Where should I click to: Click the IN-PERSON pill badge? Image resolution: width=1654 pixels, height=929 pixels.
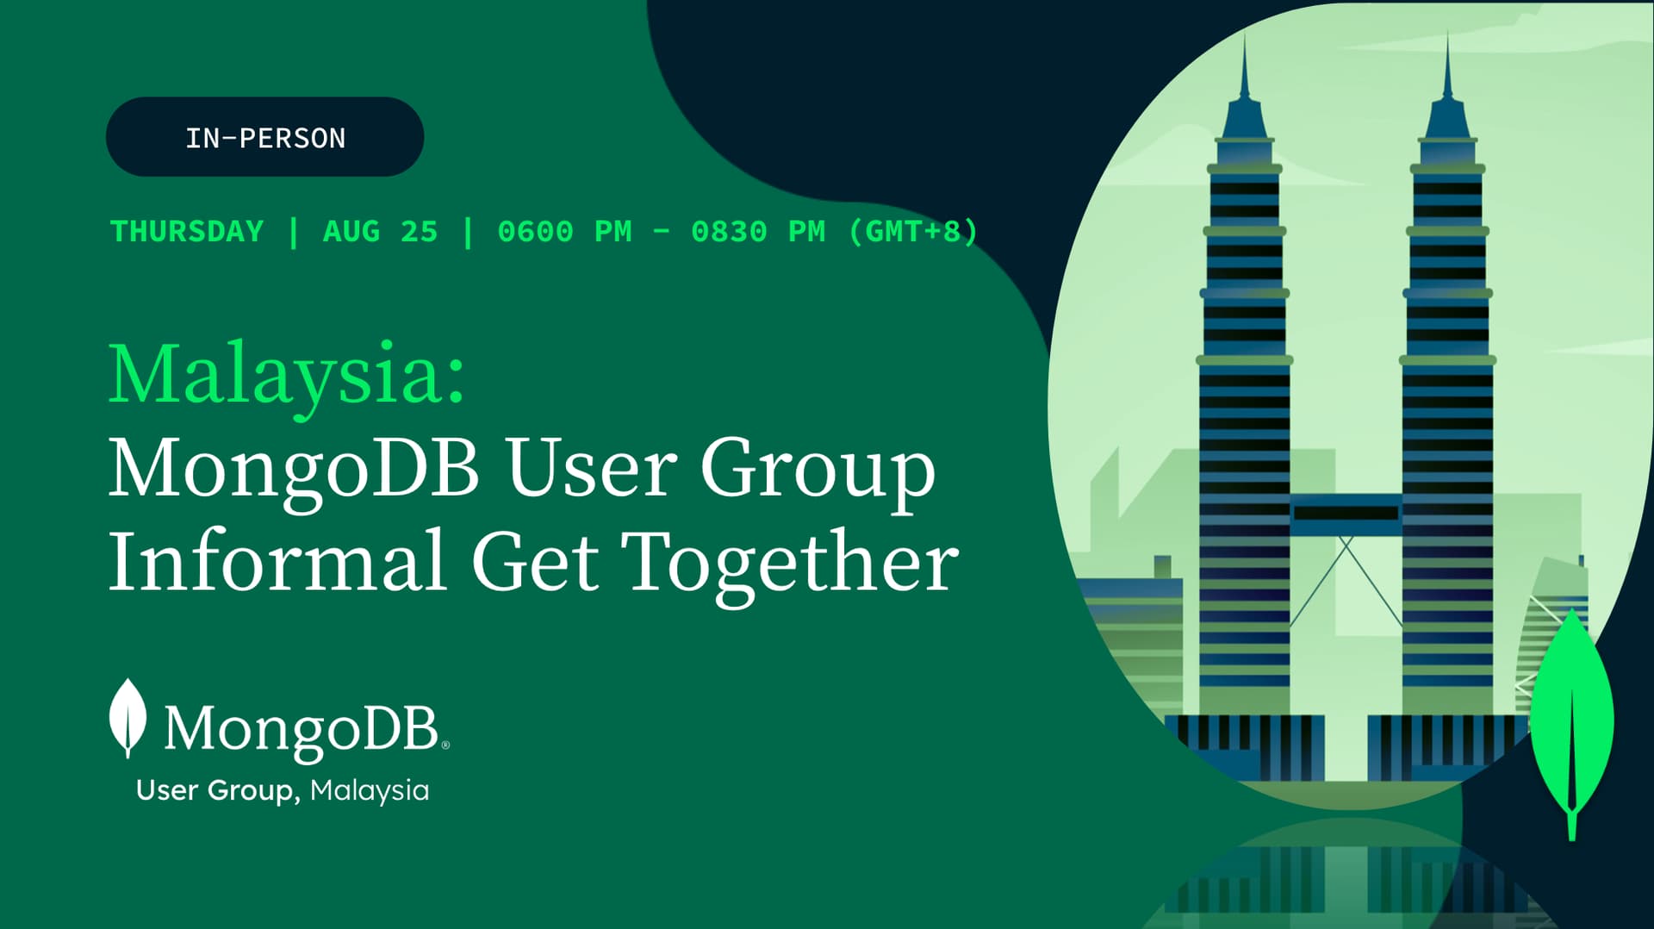point(264,137)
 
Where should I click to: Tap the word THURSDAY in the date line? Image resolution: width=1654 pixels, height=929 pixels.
point(187,231)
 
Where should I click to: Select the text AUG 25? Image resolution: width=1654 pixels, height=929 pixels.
point(381,231)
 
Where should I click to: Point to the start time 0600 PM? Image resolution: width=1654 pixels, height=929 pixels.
point(564,231)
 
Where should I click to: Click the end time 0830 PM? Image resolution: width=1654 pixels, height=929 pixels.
point(758,231)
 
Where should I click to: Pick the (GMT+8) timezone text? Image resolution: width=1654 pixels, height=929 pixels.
point(913,231)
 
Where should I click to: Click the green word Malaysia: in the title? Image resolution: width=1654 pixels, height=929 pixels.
point(287,375)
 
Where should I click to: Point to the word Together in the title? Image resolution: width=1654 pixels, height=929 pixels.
point(789,564)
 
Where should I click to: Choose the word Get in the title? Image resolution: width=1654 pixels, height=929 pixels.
point(534,562)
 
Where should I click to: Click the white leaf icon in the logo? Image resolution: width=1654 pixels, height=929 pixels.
point(128,717)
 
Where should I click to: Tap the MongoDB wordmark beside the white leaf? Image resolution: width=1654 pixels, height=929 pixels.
point(307,730)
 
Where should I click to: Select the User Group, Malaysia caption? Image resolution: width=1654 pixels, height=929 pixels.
point(283,790)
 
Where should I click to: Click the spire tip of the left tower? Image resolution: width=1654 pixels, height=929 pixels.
point(1244,34)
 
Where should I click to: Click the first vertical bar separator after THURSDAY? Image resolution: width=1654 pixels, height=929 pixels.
point(294,232)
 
